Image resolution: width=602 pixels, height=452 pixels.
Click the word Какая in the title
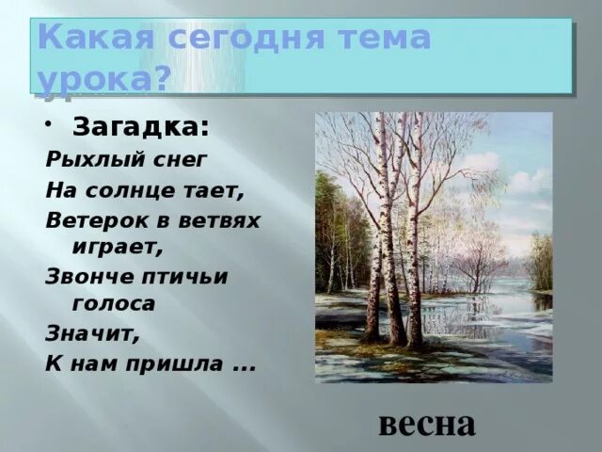pyautogui.click(x=96, y=37)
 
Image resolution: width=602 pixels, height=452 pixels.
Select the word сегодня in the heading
pyautogui.click(x=245, y=38)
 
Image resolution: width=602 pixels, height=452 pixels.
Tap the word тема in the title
pyautogui.click(x=383, y=37)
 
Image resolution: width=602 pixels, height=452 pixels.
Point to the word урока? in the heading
pyautogui.click(x=104, y=79)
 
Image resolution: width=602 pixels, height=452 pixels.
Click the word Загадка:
pyautogui.click(x=141, y=127)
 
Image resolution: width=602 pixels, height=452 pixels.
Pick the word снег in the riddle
pyautogui.click(x=180, y=160)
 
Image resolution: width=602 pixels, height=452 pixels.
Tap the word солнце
pyautogui.click(x=129, y=190)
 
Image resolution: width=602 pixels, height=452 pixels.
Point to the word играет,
pyautogui.click(x=118, y=248)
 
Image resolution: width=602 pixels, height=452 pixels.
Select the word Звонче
pyautogui.click(x=90, y=277)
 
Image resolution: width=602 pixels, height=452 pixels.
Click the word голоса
pyautogui.click(x=114, y=303)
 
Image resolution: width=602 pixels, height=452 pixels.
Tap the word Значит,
pyautogui.click(x=92, y=333)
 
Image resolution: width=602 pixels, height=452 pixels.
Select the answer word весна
pyautogui.click(x=427, y=425)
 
